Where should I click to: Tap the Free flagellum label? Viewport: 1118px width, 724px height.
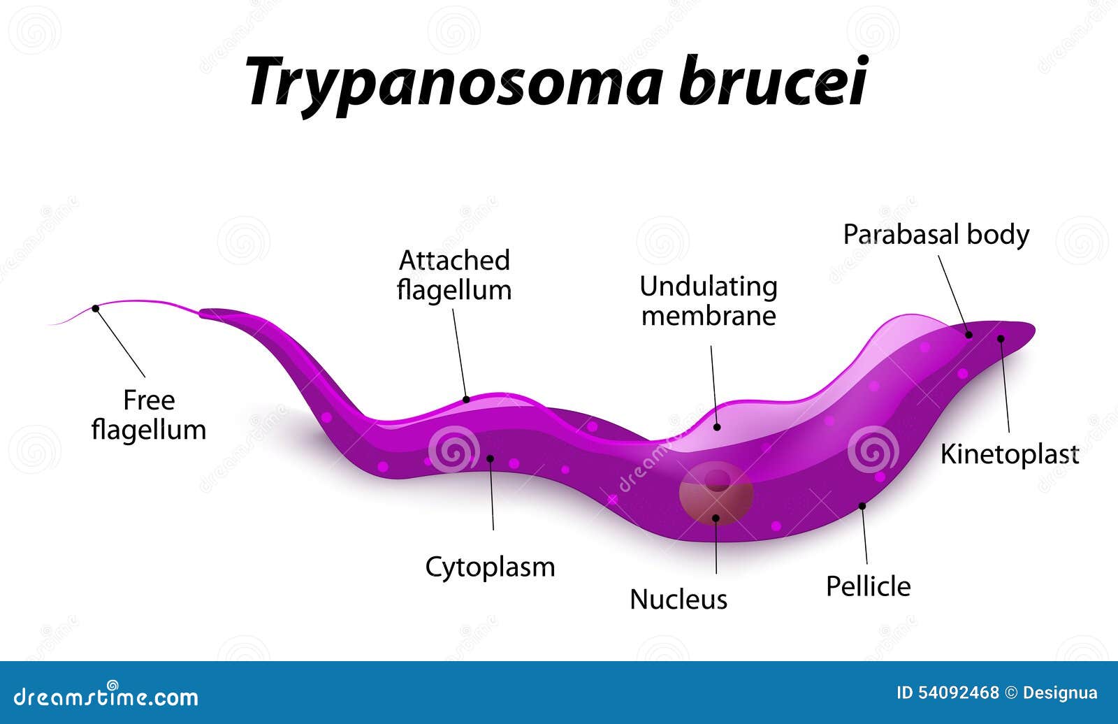[x=149, y=414]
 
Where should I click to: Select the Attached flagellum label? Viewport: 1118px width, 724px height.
[x=454, y=275]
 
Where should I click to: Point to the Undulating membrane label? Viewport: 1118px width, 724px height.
[x=709, y=301]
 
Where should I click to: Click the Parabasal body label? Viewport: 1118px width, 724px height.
[x=936, y=234]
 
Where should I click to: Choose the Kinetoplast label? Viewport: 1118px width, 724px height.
[x=1009, y=454]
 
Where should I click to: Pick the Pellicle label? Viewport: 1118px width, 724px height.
[x=868, y=586]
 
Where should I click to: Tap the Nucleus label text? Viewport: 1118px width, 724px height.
[x=678, y=599]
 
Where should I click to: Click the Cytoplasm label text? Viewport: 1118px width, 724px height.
[x=490, y=567]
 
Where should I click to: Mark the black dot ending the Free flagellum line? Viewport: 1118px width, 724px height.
[x=96, y=308]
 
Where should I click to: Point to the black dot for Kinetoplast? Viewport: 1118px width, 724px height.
[x=1001, y=339]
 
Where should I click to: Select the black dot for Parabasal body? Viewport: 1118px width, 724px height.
[x=969, y=335]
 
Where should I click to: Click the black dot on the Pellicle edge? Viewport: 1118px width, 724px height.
[x=862, y=505]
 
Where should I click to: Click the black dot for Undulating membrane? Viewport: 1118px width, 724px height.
[x=717, y=426]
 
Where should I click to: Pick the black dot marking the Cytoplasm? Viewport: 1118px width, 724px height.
[x=490, y=458]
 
